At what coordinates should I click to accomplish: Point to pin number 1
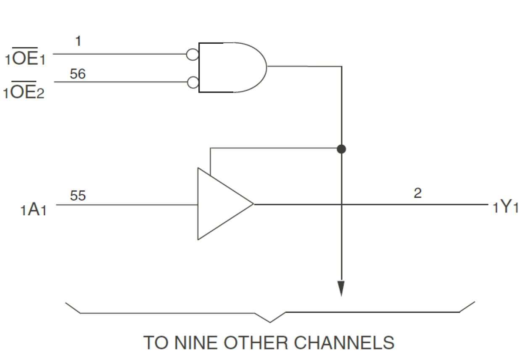pos(78,41)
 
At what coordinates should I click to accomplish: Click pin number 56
pos(77,74)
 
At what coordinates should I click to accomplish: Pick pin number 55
pos(78,196)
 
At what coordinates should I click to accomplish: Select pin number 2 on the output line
pos(417,193)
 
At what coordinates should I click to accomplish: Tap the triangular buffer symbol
pos(221,204)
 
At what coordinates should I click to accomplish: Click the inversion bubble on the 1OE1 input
pos(193,54)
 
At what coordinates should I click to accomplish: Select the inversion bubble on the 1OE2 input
pos(193,82)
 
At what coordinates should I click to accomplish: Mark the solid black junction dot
pos(341,148)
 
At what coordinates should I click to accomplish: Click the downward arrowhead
pos(341,289)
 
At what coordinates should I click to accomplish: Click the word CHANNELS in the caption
pos(344,343)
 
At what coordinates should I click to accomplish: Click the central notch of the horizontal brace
pos(270,322)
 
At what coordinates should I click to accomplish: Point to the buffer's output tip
pos(253,204)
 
